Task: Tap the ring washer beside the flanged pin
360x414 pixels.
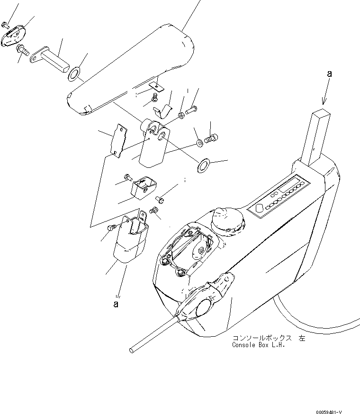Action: click(74, 74)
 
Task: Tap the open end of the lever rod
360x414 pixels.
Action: click(131, 350)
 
